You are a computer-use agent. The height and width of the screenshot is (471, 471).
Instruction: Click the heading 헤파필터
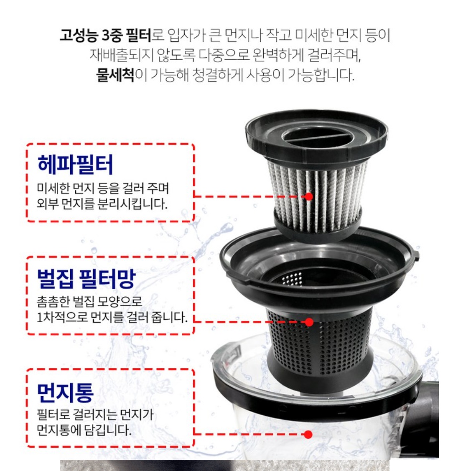point(75,164)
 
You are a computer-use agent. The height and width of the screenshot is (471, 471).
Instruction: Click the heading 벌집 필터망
point(86,278)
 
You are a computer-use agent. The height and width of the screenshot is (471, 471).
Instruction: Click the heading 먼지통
point(65,392)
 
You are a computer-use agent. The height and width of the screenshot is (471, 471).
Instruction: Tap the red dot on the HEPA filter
point(309,196)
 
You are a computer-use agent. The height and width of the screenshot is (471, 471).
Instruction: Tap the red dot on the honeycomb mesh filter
point(309,322)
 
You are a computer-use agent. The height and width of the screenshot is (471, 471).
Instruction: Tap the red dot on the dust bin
point(308,434)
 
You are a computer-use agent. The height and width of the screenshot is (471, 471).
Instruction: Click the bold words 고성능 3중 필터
point(105,35)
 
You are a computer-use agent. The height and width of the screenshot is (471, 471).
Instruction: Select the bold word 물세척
point(115,75)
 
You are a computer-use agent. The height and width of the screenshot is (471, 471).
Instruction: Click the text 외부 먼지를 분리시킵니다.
point(102,204)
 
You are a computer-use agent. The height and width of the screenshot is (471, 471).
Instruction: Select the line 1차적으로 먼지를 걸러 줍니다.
point(112,317)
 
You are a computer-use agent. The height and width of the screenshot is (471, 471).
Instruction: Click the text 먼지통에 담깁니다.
point(84,430)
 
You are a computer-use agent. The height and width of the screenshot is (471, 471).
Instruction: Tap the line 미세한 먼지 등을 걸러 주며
point(103,188)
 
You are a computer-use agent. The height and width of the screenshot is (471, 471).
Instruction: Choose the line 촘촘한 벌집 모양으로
point(89,301)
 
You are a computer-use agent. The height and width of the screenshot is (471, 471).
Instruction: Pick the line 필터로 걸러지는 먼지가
point(95,414)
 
